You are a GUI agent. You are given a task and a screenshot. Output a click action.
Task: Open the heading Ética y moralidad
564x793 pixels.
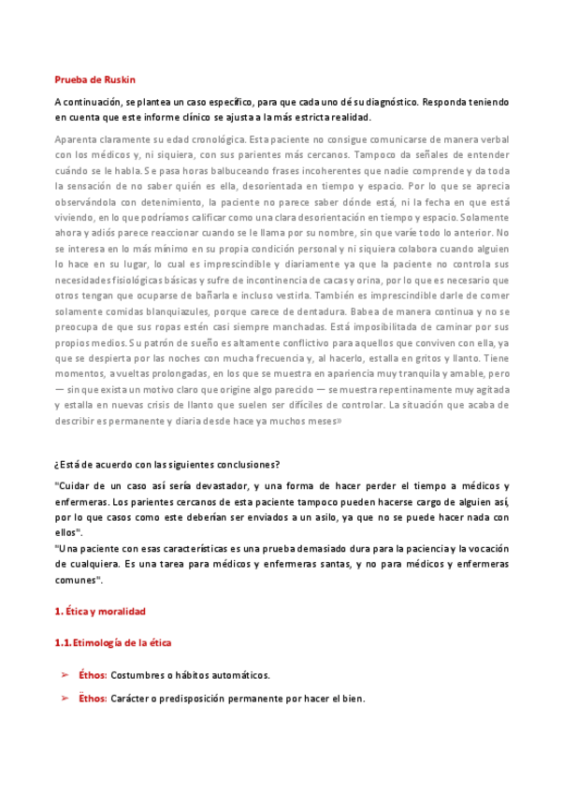[x=105, y=611]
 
